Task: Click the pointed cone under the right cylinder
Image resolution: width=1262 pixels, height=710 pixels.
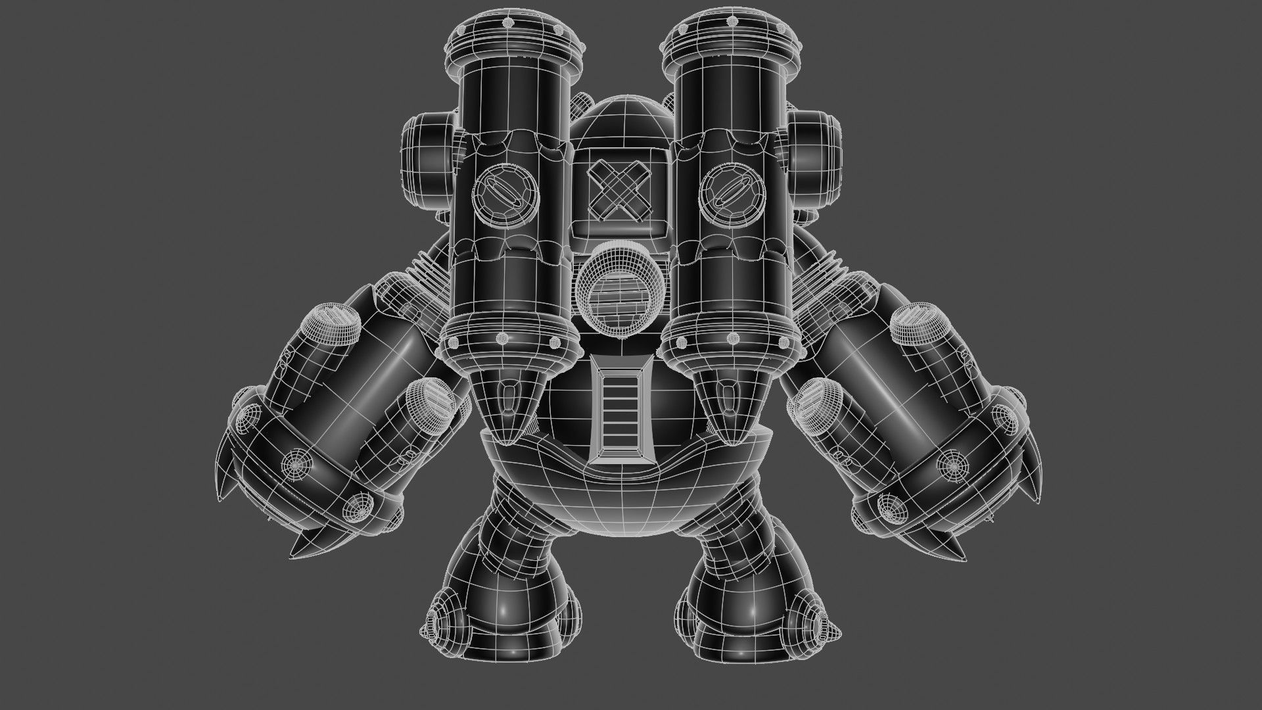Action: pyautogui.click(x=726, y=408)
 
